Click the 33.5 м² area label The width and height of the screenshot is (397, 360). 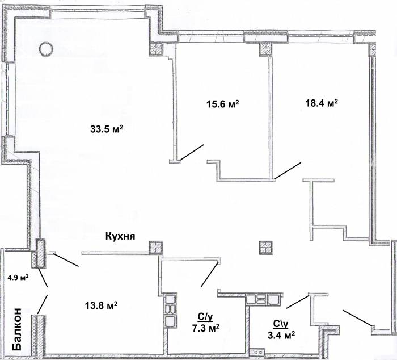(x=107, y=129)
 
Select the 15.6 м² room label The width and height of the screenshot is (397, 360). (x=223, y=104)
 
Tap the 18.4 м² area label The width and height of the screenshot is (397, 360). (x=322, y=103)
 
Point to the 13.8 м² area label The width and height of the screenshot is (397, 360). (x=101, y=305)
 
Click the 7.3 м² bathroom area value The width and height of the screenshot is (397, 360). (x=206, y=328)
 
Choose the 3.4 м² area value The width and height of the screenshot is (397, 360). (x=281, y=335)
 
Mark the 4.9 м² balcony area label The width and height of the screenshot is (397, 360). (x=18, y=277)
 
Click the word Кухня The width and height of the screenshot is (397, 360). (x=120, y=236)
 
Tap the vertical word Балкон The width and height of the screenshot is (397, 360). (x=17, y=329)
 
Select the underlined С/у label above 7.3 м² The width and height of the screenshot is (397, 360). (x=205, y=317)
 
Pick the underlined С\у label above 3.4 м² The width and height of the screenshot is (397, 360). (x=281, y=324)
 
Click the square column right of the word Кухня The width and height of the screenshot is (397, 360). (x=155, y=247)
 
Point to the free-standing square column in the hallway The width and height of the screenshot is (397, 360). (x=265, y=248)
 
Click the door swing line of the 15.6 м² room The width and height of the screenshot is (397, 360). (x=192, y=152)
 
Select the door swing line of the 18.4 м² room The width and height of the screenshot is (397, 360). (x=288, y=170)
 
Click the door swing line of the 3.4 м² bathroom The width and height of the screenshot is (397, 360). (x=298, y=302)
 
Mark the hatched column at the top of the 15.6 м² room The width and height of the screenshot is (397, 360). (x=265, y=50)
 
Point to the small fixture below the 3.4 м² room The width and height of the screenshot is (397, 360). (x=257, y=352)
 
